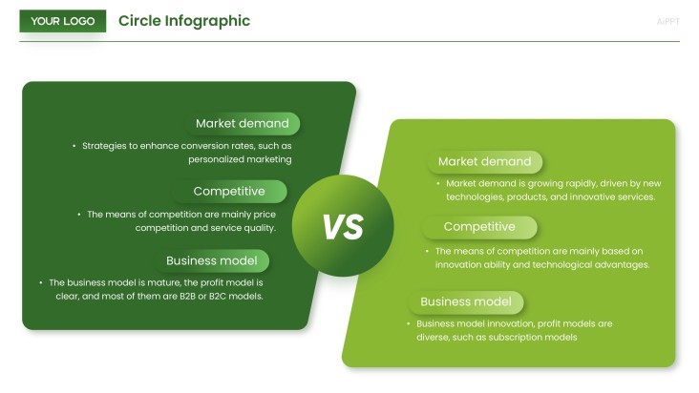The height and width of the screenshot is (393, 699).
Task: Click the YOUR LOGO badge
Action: click(63, 21)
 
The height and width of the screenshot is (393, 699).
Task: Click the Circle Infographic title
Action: click(184, 21)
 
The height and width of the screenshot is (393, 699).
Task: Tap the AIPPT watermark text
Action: click(668, 21)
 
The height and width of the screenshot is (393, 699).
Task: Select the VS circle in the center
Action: click(343, 225)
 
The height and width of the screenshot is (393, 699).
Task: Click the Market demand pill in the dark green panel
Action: click(244, 123)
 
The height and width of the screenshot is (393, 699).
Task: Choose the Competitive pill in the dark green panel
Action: click(230, 191)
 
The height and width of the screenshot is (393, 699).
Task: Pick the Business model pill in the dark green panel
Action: click(219, 260)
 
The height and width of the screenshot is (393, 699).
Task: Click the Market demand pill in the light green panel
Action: click(486, 161)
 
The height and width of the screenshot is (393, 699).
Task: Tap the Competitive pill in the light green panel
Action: click(480, 227)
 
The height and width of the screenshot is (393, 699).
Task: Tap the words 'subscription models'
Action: click(536, 337)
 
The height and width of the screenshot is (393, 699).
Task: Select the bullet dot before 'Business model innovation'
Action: click(408, 323)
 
